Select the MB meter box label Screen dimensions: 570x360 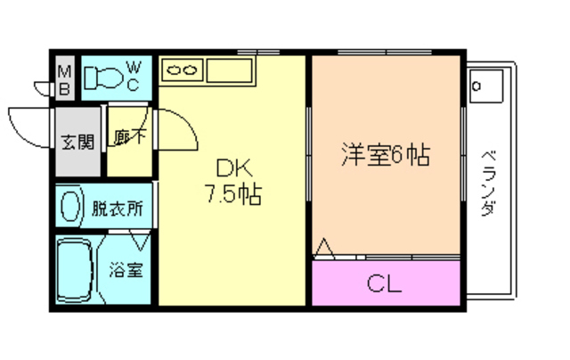coord(65,77)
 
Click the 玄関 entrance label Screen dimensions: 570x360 coord(77,140)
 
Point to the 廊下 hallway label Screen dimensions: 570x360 coord(130,139)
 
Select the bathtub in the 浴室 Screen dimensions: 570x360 coord(75,272)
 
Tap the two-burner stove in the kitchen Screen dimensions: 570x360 coord(183,68)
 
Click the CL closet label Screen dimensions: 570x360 coord(386,285)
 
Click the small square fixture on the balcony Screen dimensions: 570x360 coord(487,87)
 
